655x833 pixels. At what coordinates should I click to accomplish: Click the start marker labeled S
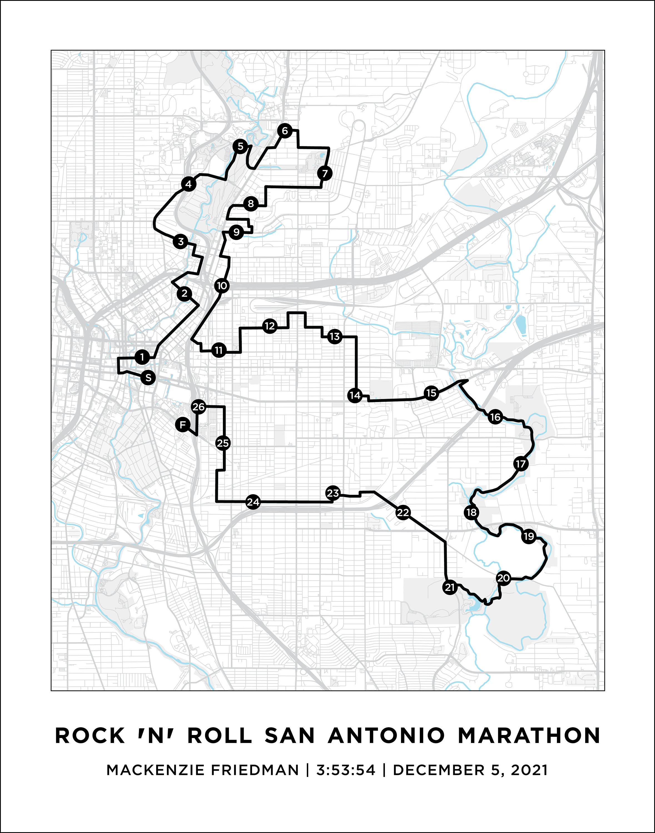point(148,378)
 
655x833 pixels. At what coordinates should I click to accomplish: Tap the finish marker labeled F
point(183,425)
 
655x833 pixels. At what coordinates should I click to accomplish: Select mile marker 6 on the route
point(285,131)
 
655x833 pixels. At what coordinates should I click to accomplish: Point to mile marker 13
point(334,337)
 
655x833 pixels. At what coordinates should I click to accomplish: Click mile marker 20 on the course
point(503,578)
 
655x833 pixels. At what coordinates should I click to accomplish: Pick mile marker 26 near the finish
point(199,407)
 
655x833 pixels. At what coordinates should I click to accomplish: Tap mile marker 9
point(236,232)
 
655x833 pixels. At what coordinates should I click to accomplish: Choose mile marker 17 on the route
point(520,464)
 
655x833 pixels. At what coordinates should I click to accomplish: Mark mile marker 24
point(253,502)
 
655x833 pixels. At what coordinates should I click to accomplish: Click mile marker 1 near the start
point(142,357)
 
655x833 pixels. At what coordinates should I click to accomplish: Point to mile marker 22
point(403,512)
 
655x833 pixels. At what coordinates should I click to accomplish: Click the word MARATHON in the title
point(529,736)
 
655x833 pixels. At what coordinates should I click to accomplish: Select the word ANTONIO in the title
point(386,736)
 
